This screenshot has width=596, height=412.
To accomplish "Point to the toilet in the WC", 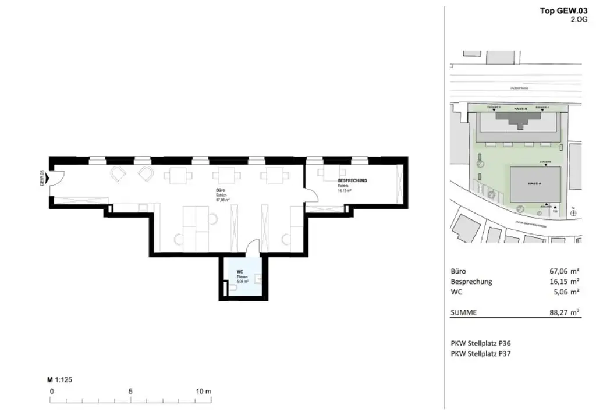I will coord(226,286).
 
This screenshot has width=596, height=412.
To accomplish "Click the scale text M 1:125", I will coord(59,380).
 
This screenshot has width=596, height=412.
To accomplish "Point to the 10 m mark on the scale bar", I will coord(204,392).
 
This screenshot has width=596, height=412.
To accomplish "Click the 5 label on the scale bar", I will coord(130,392).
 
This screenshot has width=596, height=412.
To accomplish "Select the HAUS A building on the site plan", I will coord(535,183).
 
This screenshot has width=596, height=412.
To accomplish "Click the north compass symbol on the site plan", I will coord(574,213).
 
